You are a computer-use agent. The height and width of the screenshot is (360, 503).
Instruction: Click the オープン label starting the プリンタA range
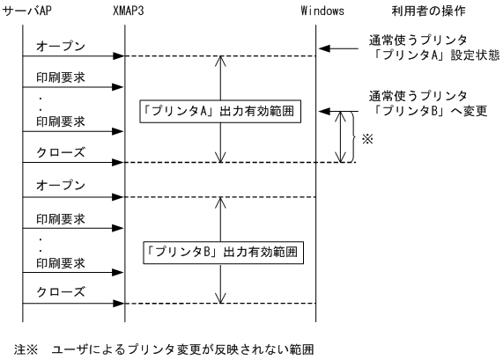click(61, 45)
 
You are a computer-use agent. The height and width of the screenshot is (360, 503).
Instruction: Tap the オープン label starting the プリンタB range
click(61, 186)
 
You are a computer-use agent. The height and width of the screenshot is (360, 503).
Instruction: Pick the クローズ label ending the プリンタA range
click(61, 151)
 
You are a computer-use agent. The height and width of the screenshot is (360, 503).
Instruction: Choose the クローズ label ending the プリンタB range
click(61, 291)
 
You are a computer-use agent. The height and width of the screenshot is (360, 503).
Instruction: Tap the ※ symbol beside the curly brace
click(368, 137)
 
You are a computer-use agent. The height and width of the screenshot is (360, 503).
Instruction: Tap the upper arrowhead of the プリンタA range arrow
click(219, 61)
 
